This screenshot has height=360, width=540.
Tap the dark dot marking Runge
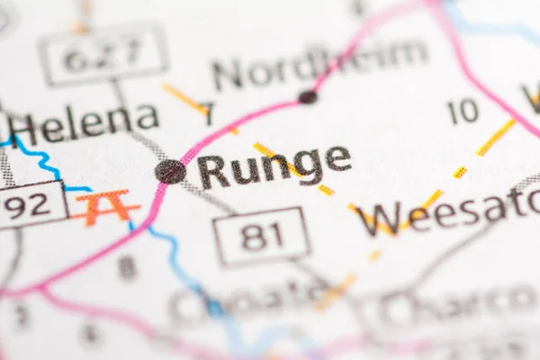(170, 171)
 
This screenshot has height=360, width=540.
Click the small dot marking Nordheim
(308, 96)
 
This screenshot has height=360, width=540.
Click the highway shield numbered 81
(261, 237)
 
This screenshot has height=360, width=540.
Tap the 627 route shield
(103, 54)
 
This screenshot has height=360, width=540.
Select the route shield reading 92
(29, 205)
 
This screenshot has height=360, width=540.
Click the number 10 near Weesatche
(463, 112)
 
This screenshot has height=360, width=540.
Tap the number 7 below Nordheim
(208, 114)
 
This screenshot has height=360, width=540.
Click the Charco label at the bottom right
(459, 306)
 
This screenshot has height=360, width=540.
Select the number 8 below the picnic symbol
(128, 266)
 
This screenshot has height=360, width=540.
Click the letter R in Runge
(212, 171)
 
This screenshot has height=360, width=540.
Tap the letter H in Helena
(24, 128)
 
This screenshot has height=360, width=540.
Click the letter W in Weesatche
(377, 219)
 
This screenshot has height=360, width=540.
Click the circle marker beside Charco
(396, 309)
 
